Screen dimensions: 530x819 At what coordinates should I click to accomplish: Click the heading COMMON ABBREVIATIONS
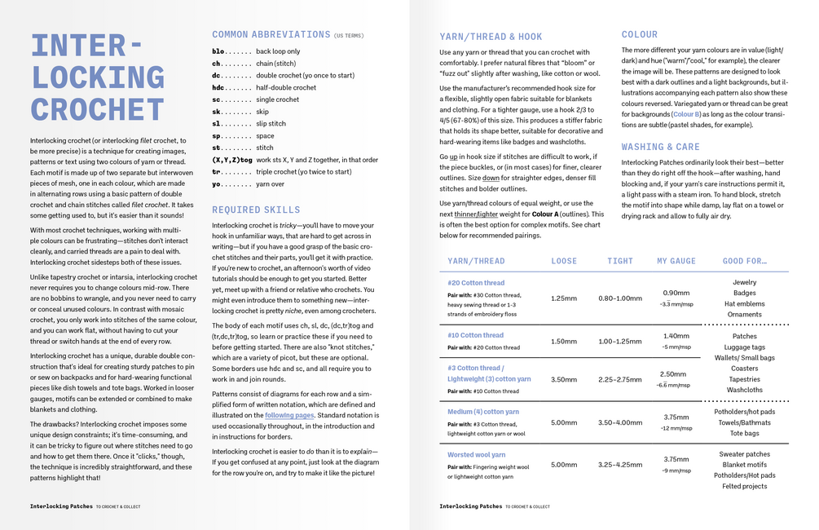(271, 35)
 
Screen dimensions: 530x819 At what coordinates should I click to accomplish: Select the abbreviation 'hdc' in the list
(218, 87)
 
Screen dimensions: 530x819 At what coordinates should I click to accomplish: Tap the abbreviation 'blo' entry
(218, 51)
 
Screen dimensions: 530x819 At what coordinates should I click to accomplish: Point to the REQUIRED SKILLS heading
(256, 210)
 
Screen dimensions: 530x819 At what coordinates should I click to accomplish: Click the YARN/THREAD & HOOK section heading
(491, 37)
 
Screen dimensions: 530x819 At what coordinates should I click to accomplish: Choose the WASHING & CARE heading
(660, 147)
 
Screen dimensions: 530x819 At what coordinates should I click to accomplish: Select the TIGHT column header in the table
(619, 261)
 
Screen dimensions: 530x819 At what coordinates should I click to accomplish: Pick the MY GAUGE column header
(676, 261)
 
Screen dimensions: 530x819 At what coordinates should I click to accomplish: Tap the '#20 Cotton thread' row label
(476, 284)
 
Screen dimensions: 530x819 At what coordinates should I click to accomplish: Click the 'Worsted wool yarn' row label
(477, 455)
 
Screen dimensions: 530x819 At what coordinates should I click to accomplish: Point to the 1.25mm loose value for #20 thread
(564, 298)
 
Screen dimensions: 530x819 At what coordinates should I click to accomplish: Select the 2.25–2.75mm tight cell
(619, 379)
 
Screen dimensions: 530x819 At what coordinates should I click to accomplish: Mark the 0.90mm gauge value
(676, 293)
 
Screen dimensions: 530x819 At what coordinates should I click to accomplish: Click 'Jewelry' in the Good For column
(744, 283)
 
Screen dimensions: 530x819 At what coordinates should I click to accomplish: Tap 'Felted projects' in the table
(744, 486)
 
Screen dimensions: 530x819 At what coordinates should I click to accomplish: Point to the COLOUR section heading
(639, 34)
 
